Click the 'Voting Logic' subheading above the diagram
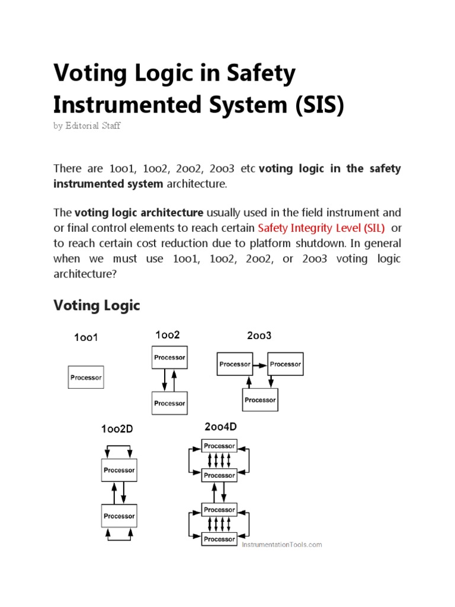pos(97,305)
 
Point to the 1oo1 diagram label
pos(85,338)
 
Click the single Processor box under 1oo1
pos(86,378)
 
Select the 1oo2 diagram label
pos(167,335)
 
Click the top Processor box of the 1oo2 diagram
pos(169,357)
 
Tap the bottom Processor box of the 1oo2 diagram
pos(169,403)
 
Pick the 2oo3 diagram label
pos(259,336)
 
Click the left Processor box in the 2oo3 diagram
pos(235,364)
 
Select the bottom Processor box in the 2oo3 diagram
pos(260,400)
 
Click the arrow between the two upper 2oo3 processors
pos(260,364)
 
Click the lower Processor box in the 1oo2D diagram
pos(119,516)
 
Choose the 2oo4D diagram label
pos(220,427)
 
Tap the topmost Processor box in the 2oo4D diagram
pos(219,446)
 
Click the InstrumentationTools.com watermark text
pos(281,544)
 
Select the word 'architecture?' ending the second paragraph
pos(83,274)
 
